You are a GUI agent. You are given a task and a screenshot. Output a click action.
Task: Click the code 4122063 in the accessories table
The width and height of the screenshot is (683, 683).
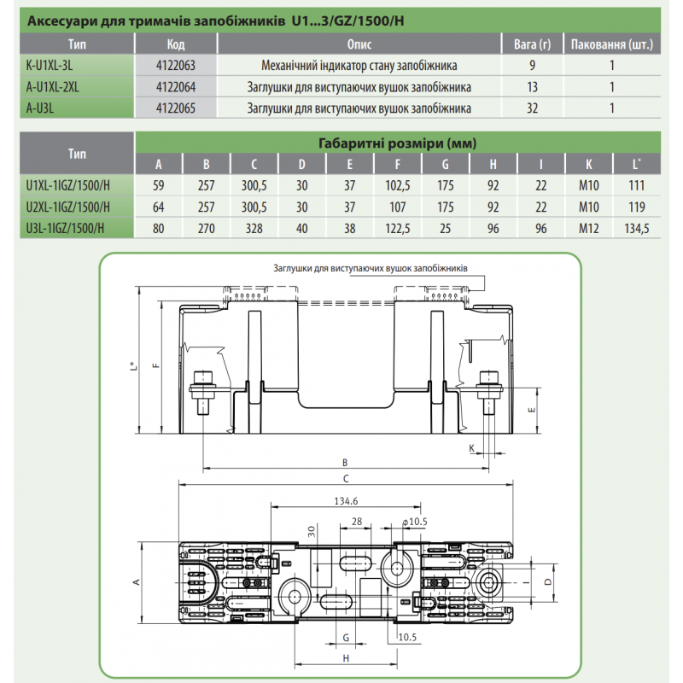coord(176,66)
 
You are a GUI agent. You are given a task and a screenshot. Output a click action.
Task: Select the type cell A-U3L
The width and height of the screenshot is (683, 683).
coord(40,108)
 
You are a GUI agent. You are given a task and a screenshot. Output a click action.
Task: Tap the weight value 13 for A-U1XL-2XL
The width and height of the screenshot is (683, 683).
coord(532,87)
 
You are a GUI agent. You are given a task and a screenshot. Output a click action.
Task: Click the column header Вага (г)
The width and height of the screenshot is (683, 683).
coord(532,44)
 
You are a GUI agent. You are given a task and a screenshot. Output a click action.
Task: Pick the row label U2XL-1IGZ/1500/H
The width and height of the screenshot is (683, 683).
coord(68,207)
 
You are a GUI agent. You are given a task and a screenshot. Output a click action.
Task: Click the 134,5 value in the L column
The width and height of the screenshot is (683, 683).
coord(636,228)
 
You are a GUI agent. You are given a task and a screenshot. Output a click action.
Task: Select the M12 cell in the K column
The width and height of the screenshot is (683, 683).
coord(588,228)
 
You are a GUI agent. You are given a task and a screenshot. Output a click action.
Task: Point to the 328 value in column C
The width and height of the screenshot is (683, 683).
coord(254,228)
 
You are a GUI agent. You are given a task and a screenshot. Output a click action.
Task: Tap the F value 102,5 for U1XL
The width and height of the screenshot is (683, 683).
coord(397,185)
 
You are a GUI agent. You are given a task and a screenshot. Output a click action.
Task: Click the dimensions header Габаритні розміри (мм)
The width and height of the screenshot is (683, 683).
coord(397,143)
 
